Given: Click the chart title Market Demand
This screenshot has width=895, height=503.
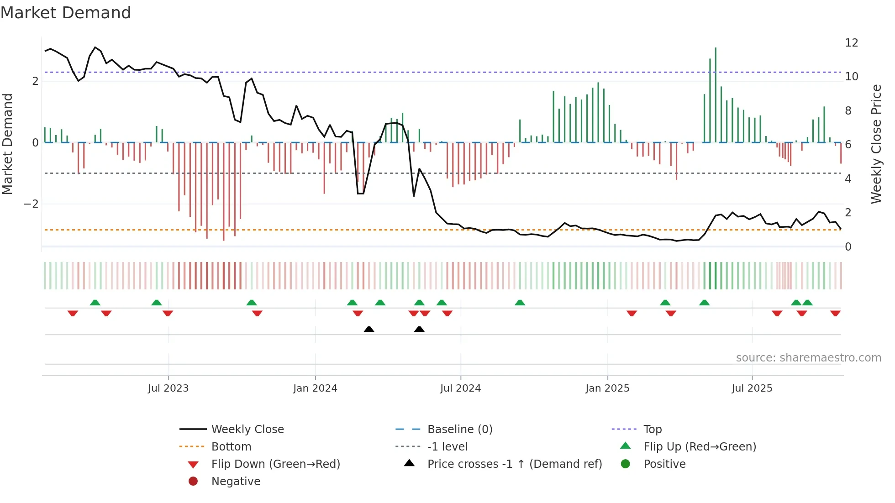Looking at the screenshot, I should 66,13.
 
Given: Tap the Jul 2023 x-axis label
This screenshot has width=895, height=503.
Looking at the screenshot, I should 168,388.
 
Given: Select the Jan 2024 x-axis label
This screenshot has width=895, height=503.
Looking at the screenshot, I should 315,388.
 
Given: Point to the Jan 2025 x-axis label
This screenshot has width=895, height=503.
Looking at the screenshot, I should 607,388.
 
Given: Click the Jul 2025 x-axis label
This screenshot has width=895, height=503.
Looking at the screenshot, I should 752,388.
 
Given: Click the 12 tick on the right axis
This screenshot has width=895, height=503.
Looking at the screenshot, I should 852,43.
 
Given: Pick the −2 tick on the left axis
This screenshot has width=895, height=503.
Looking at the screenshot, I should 31,204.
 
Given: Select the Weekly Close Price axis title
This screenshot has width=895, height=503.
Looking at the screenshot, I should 876,144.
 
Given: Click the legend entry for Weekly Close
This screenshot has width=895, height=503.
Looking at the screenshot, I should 247,430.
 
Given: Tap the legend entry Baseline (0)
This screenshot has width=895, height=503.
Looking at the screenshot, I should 459,430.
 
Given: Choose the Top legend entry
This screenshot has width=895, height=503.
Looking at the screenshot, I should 652,430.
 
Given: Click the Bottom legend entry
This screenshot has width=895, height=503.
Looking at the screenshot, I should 231,447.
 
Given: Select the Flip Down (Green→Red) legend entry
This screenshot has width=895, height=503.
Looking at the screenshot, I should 275,464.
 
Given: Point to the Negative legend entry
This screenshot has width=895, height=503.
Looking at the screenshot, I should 236,482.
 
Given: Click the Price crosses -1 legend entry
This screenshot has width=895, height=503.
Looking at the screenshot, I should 514,464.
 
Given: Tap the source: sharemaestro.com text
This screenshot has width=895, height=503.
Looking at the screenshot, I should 808,358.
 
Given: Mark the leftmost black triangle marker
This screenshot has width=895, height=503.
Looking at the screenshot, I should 369,330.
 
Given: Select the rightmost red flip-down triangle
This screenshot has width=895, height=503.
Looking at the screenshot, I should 835,313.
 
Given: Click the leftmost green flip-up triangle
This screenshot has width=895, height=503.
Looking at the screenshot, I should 95,303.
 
